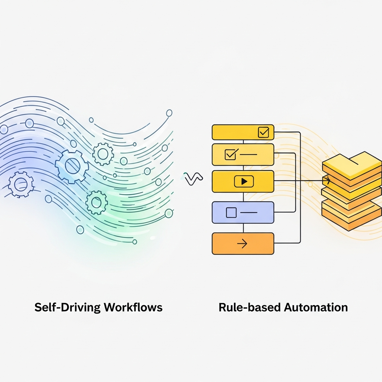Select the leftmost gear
(20, 184)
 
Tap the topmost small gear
(103, 153)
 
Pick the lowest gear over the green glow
(96, 202)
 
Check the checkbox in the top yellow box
(263, 132)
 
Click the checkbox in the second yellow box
(230, 154)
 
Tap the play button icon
(244, 181)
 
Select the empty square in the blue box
(231, 212)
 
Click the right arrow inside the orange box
(242, 244)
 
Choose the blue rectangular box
(243, 213)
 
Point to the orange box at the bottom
(243, 244)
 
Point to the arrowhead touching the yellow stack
(328, 181)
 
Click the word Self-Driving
(68, 307)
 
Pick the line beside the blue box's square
(249, 212)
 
